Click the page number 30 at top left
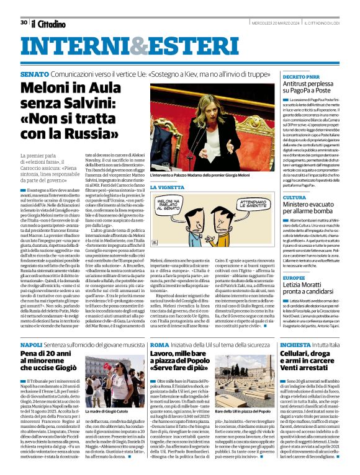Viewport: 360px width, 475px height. point(24,22)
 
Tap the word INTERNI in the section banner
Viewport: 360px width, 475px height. point(74,47)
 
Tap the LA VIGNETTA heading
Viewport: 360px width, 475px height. point(167,187)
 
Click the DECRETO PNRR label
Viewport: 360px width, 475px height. point(300,76)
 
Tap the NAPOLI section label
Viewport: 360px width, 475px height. point(31,344)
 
